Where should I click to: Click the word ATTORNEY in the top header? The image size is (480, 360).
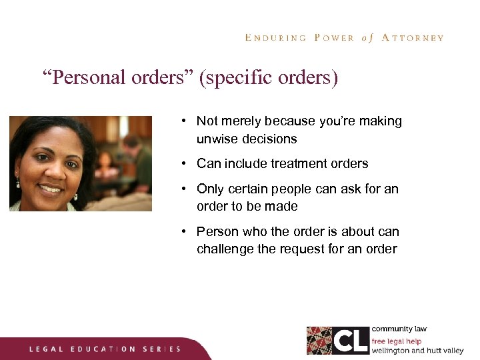click(413, 38)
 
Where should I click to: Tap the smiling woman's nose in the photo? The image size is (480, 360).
click(51, 173)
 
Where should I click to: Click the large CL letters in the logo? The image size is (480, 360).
click(350, 341)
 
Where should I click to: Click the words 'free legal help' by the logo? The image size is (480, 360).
click(397, 341)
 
